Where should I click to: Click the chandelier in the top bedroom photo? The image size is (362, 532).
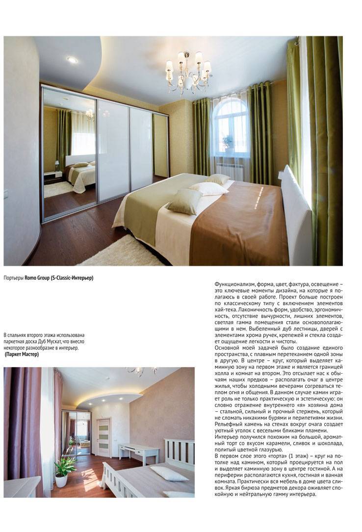189,71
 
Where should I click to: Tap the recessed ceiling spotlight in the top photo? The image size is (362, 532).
72,60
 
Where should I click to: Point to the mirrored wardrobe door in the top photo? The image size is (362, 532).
69,152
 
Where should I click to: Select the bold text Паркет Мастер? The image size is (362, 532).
22,354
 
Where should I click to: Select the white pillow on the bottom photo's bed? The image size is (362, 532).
169,473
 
